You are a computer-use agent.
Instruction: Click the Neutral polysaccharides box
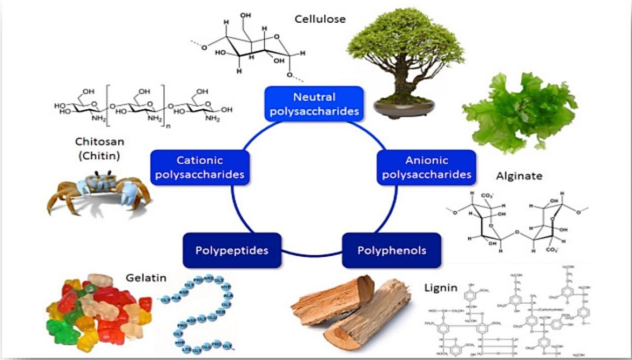[x=314, y=104]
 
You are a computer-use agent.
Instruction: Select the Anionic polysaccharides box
[x=426, y=168]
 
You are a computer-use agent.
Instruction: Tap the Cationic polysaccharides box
[x=200, y=168]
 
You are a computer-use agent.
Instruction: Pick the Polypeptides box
[x=232, y=250]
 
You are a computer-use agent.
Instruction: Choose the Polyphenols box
[x=392, y=250]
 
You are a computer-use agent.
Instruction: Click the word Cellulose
[x=320, y=19]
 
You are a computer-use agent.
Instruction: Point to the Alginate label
[x=519, y=176]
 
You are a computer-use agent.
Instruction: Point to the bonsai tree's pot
[x=404, y=108]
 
